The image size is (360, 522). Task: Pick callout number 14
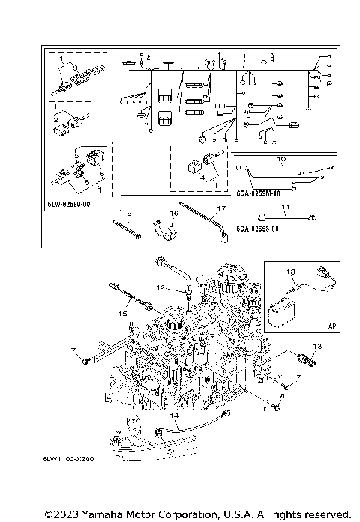[x=173, y=414]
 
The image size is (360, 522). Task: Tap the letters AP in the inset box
[x=331, y=325]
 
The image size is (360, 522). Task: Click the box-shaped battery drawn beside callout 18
[x=283, y=311]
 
